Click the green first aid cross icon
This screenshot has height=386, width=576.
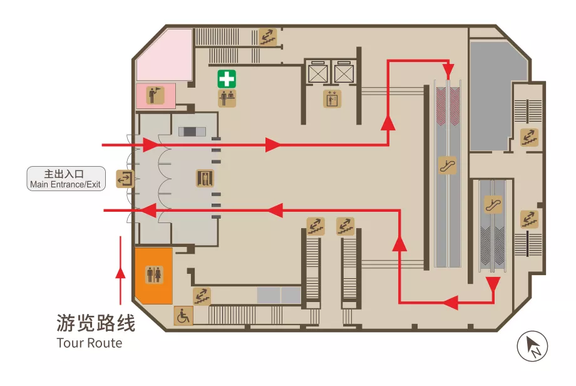(x=227, y=78)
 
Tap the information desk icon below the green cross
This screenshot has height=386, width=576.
(x=227, y=98)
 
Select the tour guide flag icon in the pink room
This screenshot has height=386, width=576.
(x=154, y=95)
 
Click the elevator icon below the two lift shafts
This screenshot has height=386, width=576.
(x=332, y=99)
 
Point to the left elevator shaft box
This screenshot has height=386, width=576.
(x=318, y=74)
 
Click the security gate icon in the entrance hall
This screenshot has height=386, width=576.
(x=204, y=179)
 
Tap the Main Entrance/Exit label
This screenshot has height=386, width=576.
(x=65, y=179)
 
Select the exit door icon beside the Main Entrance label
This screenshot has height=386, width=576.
(x=125, y=179)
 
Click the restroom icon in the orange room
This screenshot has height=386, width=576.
(x=154, y=274)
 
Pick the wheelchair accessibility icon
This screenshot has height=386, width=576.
(x=183, y=316)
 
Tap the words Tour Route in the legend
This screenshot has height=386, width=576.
(x=89, y=343)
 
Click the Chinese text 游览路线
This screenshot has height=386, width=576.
(x=95, y=323)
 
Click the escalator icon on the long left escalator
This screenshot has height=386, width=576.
(x=447, y=165)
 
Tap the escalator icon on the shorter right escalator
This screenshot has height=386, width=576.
(x=493, y=204)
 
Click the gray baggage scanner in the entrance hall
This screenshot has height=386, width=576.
(x=192, y=131)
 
